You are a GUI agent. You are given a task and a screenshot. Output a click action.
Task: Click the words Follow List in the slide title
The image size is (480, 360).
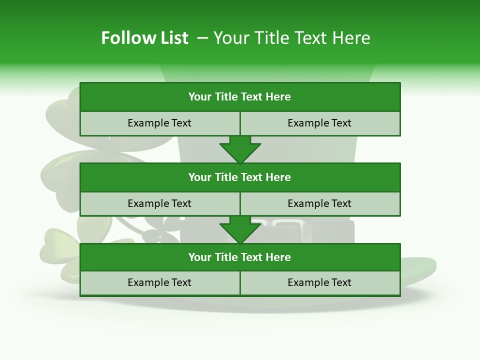144,38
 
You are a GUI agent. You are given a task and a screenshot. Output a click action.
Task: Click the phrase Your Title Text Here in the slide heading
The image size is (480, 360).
292,38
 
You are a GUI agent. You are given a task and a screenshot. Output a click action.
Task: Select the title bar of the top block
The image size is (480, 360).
240,97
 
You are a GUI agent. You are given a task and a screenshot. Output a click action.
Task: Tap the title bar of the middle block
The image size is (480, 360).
240,177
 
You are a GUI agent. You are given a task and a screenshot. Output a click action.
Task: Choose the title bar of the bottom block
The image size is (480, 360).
240,257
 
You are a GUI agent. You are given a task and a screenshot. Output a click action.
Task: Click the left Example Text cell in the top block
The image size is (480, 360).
159,123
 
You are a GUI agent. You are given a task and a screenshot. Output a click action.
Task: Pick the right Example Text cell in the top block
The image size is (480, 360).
320,123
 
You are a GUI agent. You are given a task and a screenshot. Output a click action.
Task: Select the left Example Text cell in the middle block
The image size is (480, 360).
159,203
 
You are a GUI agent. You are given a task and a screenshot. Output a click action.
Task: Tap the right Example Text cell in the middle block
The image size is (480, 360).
320,203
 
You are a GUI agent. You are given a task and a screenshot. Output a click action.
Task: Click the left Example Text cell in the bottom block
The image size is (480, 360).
159,282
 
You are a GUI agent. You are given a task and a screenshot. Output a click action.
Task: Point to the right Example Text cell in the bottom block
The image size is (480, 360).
320,282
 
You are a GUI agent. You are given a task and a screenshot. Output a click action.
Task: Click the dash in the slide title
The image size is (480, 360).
203,38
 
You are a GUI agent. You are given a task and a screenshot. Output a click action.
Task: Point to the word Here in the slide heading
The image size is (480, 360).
352,38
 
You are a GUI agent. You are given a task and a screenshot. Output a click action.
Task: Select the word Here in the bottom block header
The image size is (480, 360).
278,257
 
